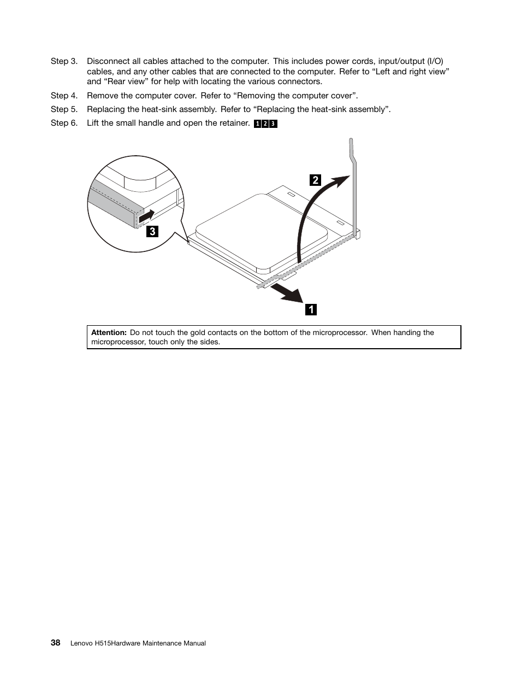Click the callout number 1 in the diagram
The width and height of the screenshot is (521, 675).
click(311, 309)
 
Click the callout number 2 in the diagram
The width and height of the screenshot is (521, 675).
click(315, 180)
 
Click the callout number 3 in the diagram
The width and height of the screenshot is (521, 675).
click(152, 231)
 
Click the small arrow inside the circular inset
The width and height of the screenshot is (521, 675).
click(146, 216)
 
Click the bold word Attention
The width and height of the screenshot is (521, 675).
click(109, 332)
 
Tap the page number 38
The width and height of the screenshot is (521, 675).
click(55, 643)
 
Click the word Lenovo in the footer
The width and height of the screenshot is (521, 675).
click(81, 643)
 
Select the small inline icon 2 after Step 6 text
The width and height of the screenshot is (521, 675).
click(265, 124)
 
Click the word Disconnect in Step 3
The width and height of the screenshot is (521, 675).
click(109, 61)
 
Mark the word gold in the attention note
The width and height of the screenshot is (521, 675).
click(198, 332)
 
